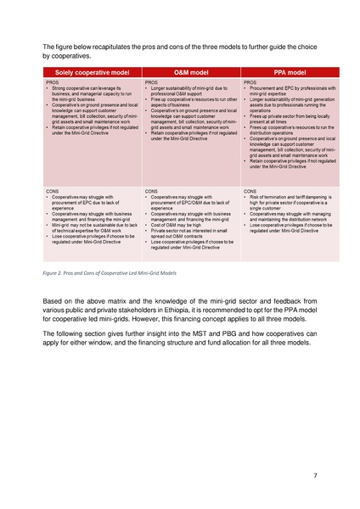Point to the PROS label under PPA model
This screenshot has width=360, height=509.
click(250, 82)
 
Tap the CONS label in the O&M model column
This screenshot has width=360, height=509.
click(152, 192)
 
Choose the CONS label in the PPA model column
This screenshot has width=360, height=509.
click(250, 192)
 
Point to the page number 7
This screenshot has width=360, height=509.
click(314, 475)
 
